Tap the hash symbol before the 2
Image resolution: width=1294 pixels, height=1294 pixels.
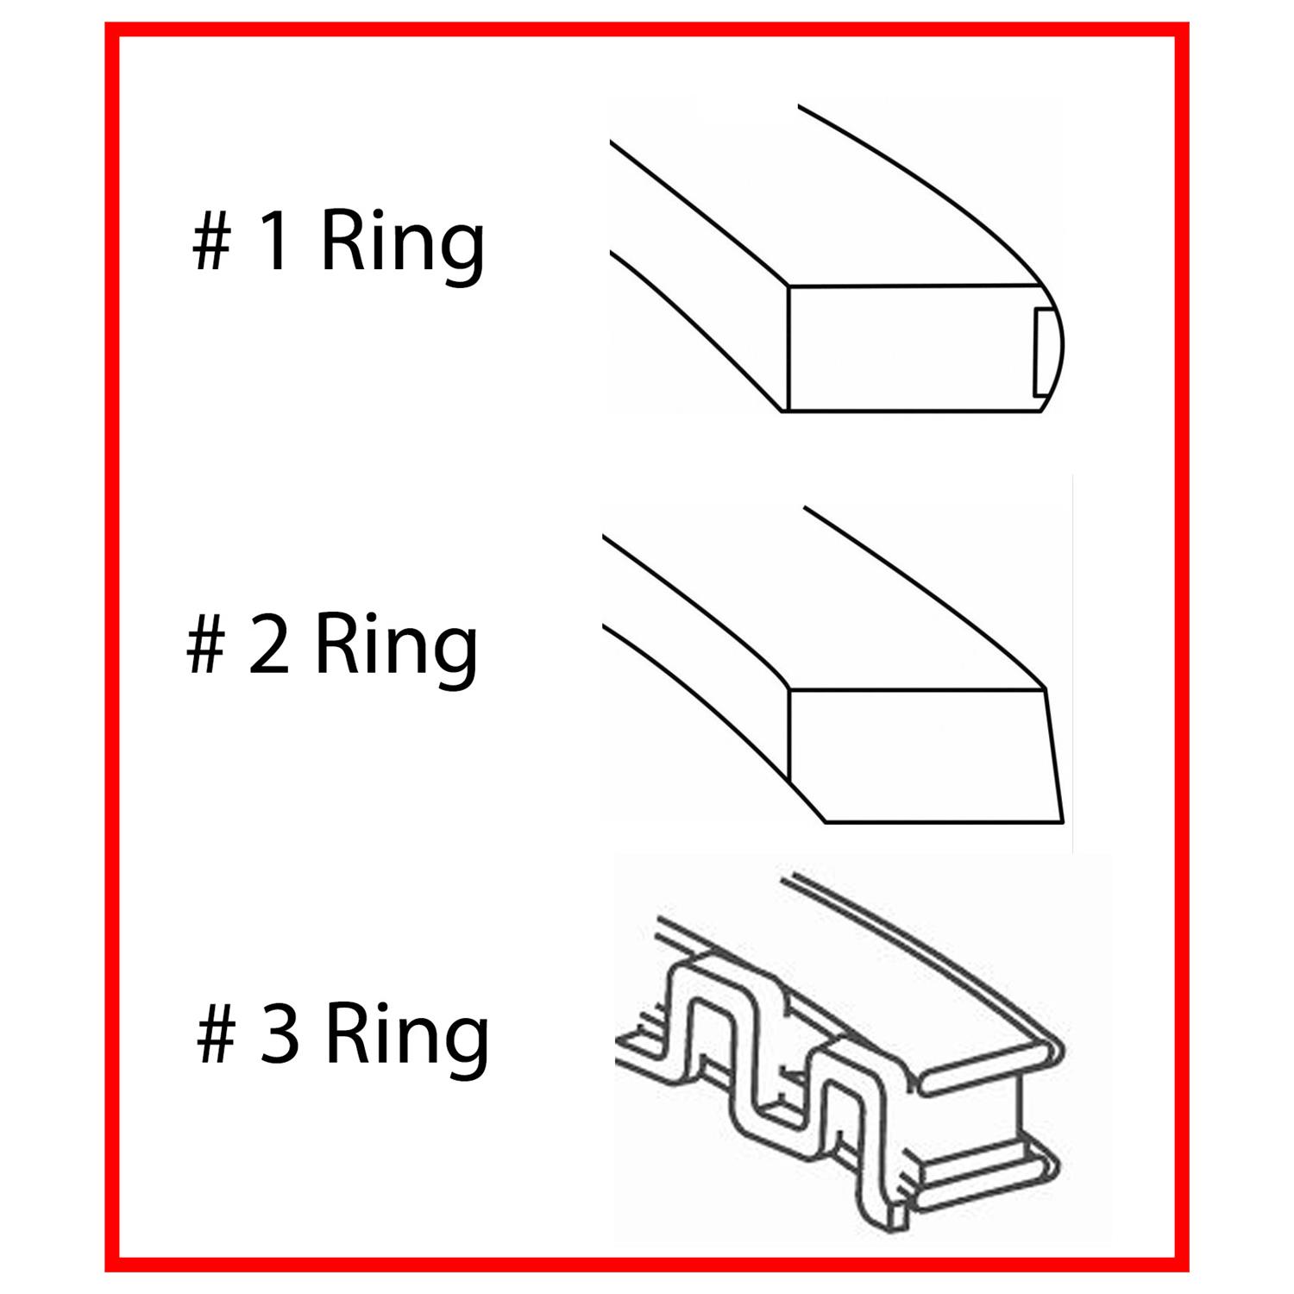tap(205, 647)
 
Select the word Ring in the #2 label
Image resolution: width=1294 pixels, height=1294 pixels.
tap(395, 647)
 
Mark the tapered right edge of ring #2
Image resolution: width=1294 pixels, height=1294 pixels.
tap(1054, 754)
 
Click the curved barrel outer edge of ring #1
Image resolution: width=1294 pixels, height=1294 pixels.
tap(1058, 345)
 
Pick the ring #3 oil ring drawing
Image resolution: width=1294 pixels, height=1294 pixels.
tap(841, 1052)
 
